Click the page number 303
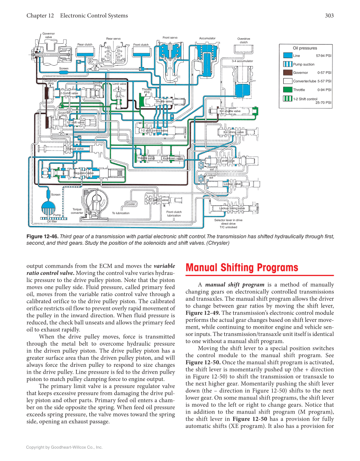click(x=329, y=16)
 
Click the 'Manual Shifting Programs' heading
click(x=242, y=268)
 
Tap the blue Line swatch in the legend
click(x=287, y=56)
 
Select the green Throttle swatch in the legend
click(x=287, y=90)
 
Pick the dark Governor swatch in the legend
click(x=287, y=73)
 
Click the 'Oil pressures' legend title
click(x=305, y=48)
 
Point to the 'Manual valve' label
click(x=75, y=149)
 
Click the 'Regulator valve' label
click(x=84, y=173)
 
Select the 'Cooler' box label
click(x=131, y=204)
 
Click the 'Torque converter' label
click(x=77, y=211)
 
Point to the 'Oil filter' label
click(x=52, y=221)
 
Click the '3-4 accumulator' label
click(x=242, y=61)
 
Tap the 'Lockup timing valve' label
click(x=232, y=208)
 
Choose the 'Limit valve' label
click(x=119, y=84)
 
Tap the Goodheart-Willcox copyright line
click(x=64, y=447)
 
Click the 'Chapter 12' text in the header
click(x=40, y=16)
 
